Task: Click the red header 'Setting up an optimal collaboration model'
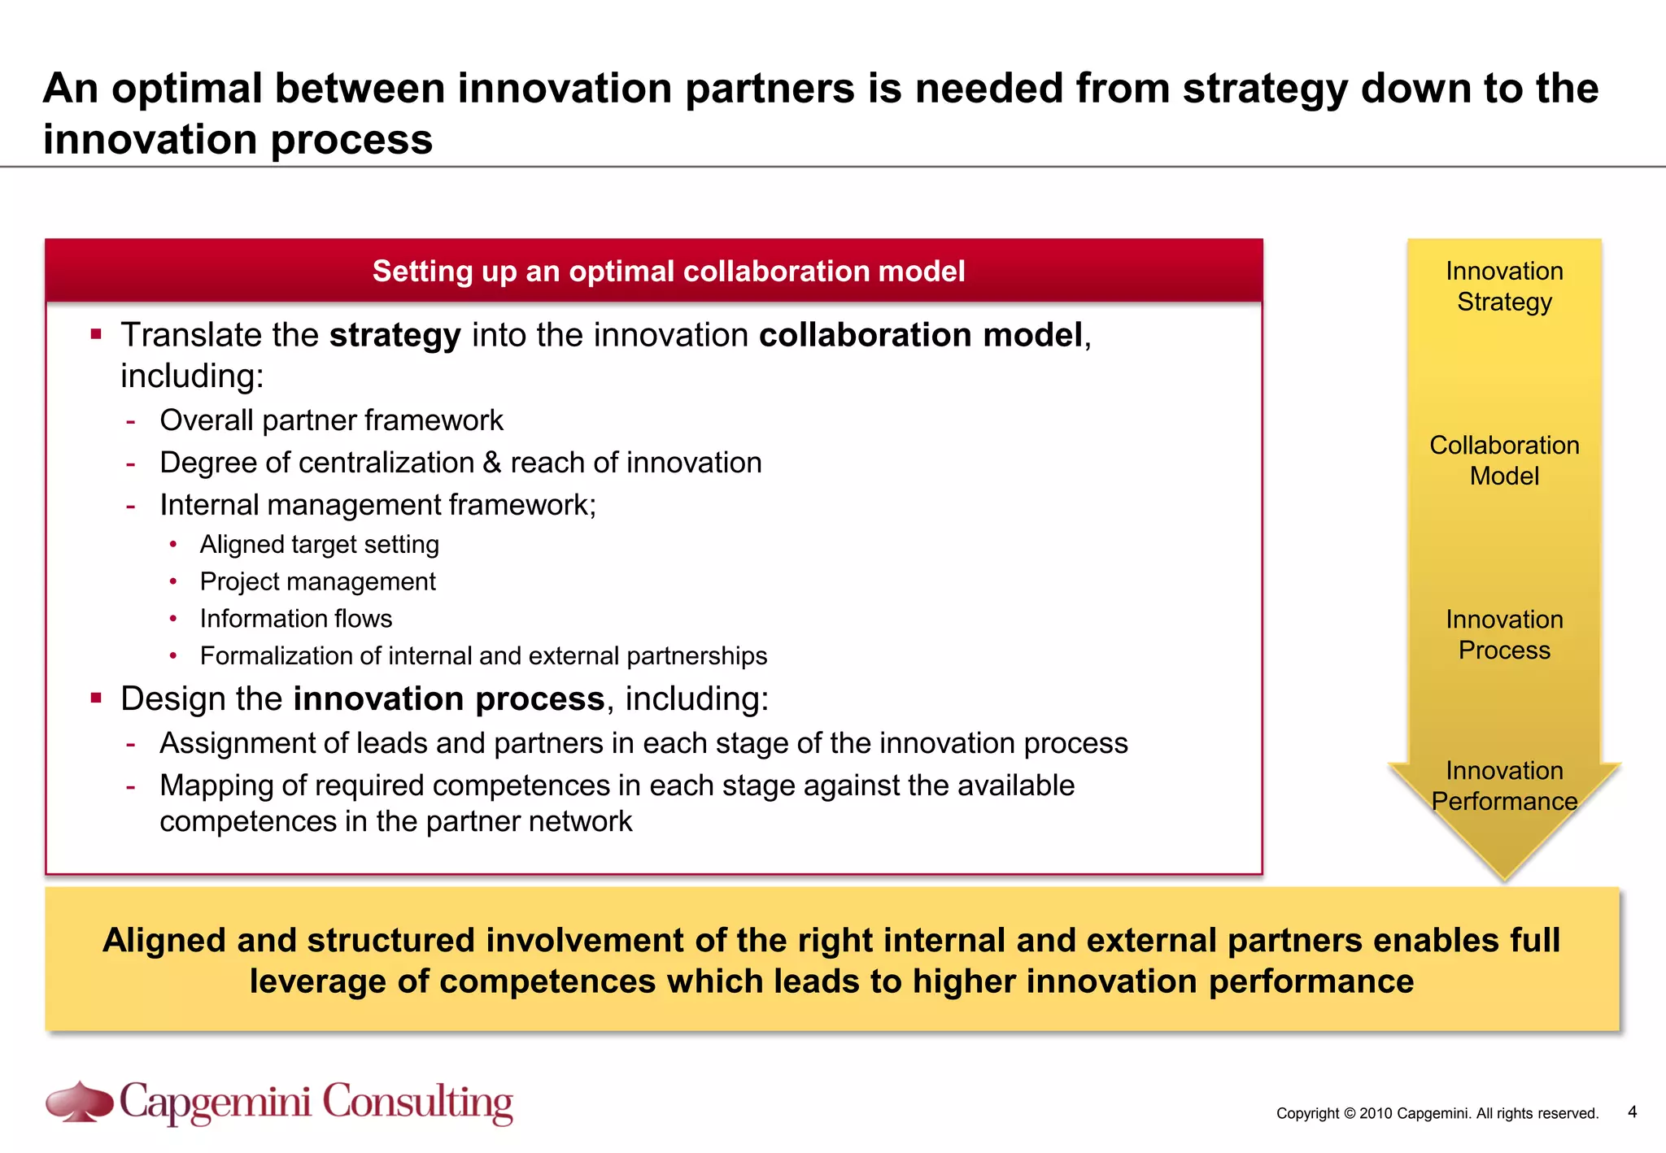coord(669,271)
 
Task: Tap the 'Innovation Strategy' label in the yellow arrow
coord(1504,286)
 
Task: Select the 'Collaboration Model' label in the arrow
coord(1504,460)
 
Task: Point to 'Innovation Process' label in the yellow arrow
coord(1504,634)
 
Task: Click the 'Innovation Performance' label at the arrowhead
coord(1504,785)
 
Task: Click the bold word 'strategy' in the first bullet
coord(395,335)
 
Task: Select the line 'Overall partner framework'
coord(331,420)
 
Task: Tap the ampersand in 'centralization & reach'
coord(492,463)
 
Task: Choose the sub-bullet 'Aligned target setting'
coord(319,544)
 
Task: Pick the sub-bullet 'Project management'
coord(317,581)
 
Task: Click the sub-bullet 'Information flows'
coord(296,619)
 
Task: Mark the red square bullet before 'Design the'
coord(96,697)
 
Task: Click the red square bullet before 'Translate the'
coord(96,333)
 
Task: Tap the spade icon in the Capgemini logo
coord(80,1103)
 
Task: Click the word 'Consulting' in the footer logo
coord(417,1103)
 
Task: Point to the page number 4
coord(1632,1112)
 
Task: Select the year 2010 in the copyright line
coord(1376,1113)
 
